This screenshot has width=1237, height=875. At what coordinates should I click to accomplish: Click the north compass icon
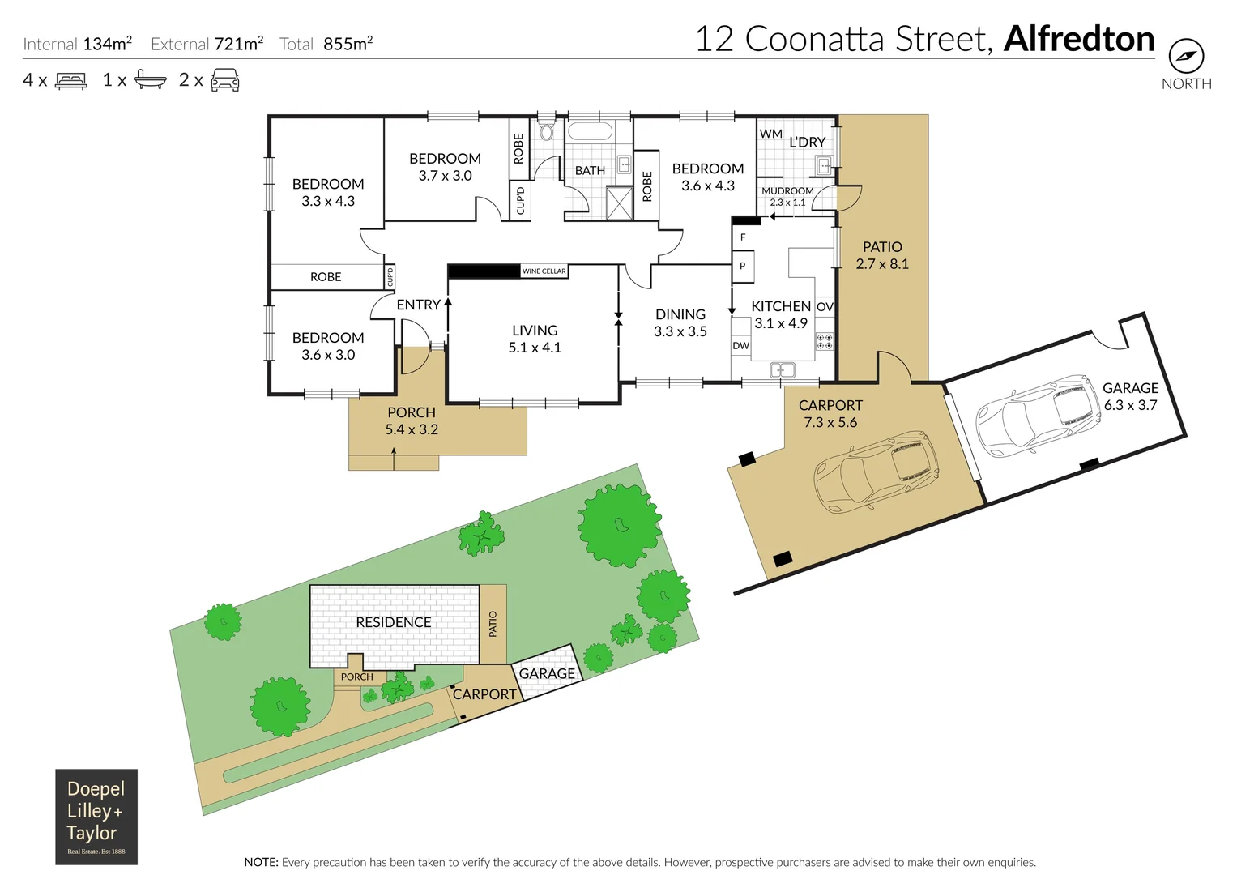coord(1186,57)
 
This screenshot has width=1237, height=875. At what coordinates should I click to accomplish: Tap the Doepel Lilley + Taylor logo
coord(96,816)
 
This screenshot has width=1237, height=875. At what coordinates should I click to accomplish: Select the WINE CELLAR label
coord(544,271)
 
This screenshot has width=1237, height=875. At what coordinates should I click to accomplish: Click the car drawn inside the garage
coord(1039,414)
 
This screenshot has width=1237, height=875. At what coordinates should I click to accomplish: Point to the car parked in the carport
coord(876,471)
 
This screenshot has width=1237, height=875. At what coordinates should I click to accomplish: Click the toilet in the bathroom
coord(547,131)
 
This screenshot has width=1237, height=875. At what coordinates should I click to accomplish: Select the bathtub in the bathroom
coord(591,131)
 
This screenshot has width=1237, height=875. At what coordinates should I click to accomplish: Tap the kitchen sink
coord(782,370)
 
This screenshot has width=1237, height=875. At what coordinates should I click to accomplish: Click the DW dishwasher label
coord(740,346)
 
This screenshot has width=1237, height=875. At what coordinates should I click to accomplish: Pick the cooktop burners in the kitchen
coord(825,341)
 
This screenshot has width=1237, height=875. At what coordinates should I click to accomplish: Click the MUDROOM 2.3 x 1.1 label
coord(787,197)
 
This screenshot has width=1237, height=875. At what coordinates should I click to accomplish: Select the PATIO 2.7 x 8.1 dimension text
coord(882,264)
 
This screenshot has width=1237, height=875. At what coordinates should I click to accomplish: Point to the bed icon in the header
coord(71,81)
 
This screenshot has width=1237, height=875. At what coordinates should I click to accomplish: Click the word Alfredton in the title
coord(1078,39)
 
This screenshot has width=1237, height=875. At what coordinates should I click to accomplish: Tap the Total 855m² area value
coord(348,45)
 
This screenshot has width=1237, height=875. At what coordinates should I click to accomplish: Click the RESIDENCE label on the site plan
coord(394,622)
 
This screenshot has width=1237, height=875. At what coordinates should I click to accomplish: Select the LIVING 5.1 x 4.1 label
coord(535,339)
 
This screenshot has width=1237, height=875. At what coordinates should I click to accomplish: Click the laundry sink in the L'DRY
coord(823,166)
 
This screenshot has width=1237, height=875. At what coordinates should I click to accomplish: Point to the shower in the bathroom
coord(620,203)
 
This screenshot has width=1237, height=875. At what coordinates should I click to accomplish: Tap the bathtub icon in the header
coord(150,80)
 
